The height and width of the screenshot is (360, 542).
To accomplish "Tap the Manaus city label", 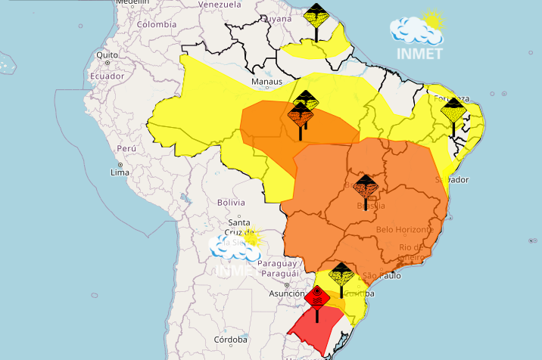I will pos(267,82).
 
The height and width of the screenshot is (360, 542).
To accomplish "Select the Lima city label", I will pos(120,172).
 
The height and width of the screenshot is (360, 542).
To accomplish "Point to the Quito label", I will pos(107,55).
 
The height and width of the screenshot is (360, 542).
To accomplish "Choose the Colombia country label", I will pos(157,24).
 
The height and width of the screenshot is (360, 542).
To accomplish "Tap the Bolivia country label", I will pos(231,203).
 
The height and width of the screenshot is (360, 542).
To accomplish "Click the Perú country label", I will pos(126,149).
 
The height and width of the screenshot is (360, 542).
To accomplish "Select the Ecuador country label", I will pos(107,76).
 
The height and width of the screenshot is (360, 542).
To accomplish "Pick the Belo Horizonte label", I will pos(405,229).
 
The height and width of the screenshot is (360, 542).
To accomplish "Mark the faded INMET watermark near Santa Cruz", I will pos(235,253).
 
